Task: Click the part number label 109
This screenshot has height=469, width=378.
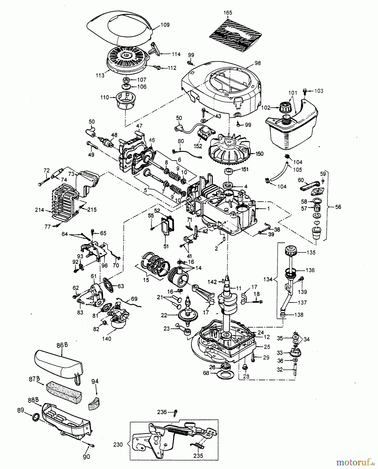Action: pos(165,25)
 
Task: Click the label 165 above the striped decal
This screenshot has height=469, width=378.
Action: pos(228,13)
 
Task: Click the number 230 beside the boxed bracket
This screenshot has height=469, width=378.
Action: pos(118,445)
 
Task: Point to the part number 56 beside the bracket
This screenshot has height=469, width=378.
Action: pos(338,207)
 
